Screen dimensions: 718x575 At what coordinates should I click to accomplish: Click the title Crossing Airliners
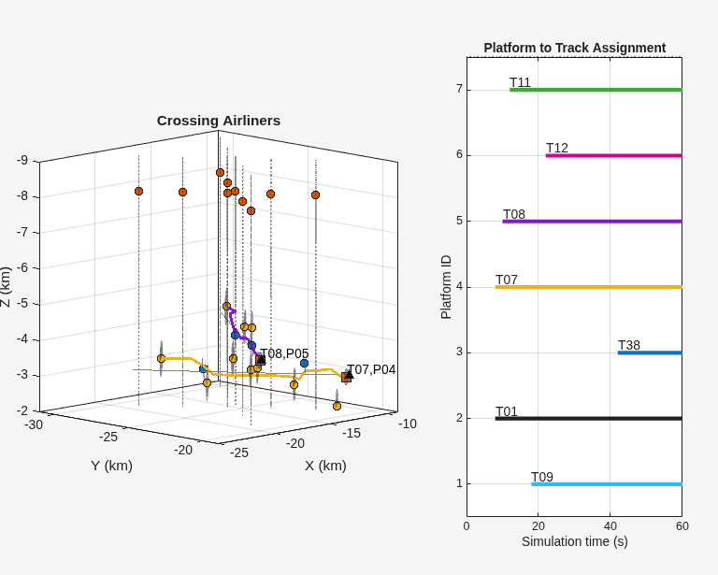pos(219,121)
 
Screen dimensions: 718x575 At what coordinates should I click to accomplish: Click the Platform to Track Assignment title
pos(575,48)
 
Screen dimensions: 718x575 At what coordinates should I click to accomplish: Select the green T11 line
pos(596,90)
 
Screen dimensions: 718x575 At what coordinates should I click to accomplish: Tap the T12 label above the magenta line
pos(557,148)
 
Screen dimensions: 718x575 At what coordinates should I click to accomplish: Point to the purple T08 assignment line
pos(592,222)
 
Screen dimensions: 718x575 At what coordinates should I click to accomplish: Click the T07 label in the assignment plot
pos(507,280)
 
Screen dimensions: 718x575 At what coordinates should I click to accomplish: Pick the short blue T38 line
pos(650,352)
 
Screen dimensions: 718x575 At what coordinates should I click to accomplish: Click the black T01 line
pos(588,419)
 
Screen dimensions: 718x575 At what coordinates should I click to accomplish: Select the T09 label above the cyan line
pos(542,477)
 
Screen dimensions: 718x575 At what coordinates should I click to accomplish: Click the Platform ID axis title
pos(446,287)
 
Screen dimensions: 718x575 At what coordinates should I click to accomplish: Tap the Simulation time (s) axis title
pos(575,541)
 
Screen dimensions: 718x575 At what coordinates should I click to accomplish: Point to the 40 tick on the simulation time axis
pos(610,526)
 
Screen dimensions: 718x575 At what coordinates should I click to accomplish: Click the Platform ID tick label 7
pos(460,89)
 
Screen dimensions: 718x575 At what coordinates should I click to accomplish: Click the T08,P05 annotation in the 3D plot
pos(284,353)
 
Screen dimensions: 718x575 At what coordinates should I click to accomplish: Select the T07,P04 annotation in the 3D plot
pos(371,369)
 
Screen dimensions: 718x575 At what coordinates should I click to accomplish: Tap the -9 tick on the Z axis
pos(22,161)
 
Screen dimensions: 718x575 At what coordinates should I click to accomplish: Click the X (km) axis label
pos(325,466)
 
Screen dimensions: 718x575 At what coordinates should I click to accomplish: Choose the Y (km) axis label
pos(112,466)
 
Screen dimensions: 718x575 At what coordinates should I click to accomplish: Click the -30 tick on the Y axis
pos(34,424)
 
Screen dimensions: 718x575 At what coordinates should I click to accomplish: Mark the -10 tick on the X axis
pos(408,424)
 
